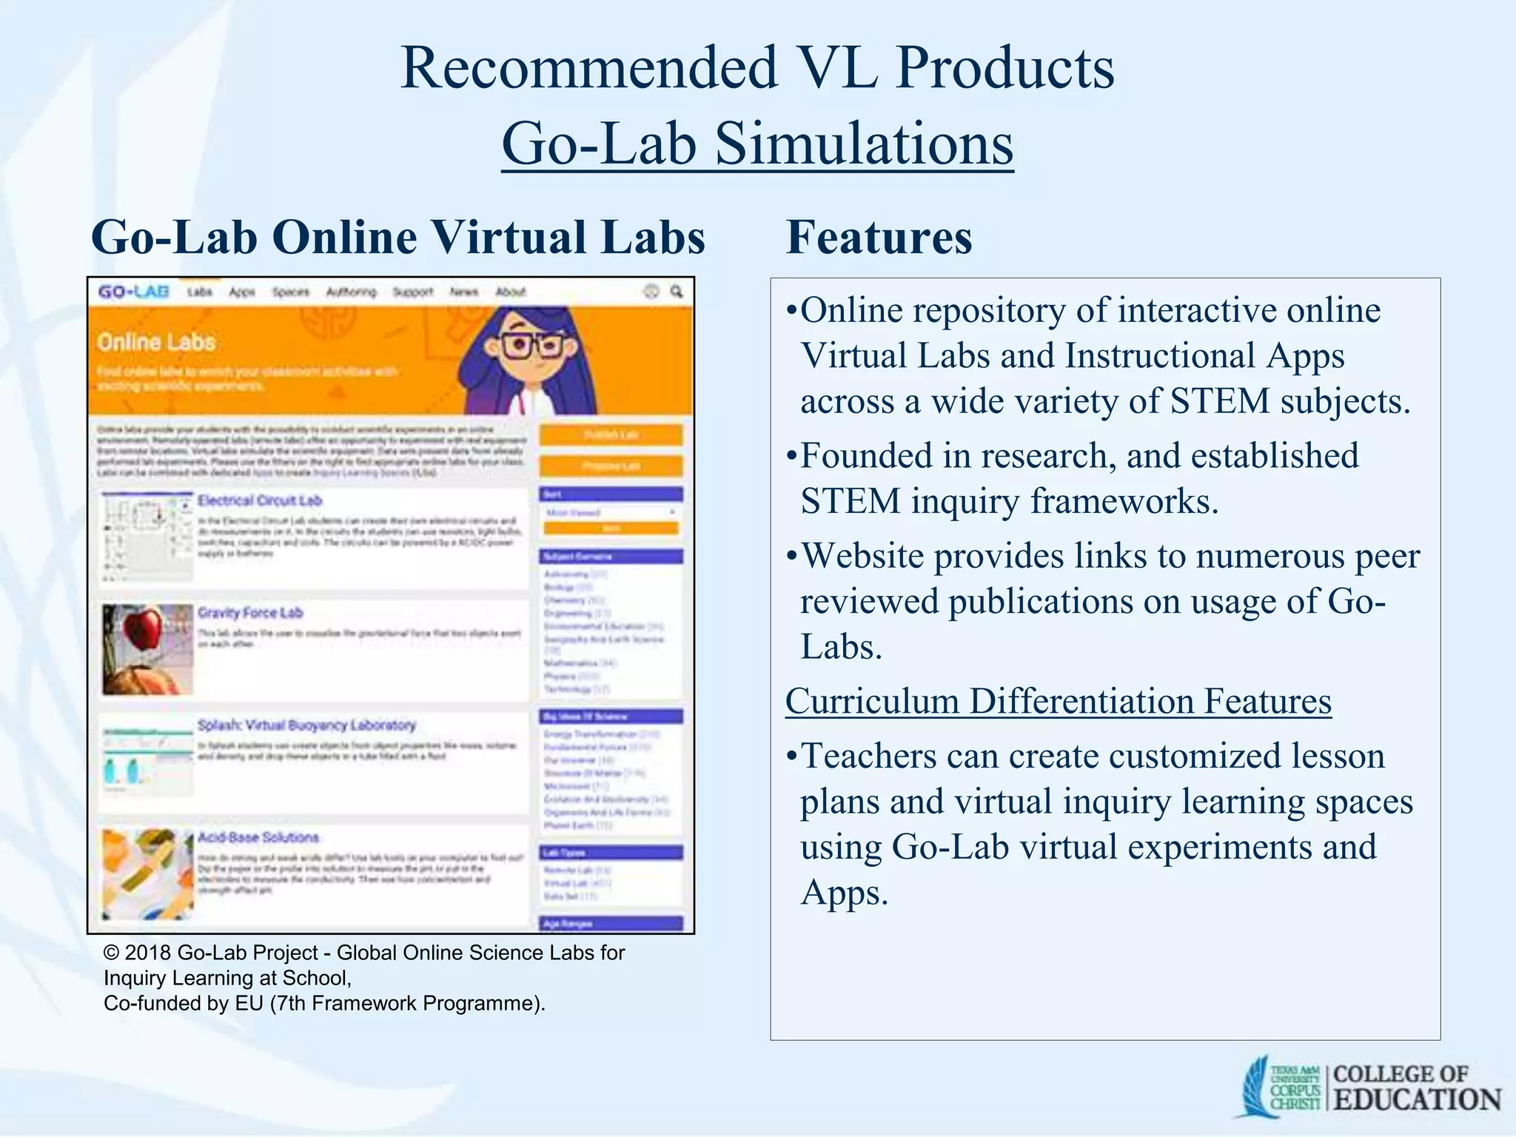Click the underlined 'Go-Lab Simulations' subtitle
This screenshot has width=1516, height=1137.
(757, 144)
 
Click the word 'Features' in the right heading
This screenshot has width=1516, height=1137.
(879, 238)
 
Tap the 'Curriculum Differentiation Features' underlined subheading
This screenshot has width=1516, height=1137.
(1058, 701)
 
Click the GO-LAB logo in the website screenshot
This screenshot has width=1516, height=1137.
(134, 292)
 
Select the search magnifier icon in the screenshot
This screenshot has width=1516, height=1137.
(677, 292)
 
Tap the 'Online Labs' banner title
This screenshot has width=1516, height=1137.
(156, 342)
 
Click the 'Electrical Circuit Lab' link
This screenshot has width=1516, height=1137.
(260, 500)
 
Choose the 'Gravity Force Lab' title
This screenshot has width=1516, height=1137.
(250, 613)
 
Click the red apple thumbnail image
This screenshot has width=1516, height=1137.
(147, 649)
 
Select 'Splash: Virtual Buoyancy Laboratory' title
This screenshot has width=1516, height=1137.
(306, 725)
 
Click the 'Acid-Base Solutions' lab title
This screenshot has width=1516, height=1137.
(258, 837)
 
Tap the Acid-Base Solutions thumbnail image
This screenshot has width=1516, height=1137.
(147, 874)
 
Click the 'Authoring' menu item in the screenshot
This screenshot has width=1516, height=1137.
(351, 292)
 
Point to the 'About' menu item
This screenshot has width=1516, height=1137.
(511, 292)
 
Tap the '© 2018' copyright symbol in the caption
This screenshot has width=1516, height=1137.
(112, 953)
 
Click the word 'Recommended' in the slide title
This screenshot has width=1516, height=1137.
(588, 68)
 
